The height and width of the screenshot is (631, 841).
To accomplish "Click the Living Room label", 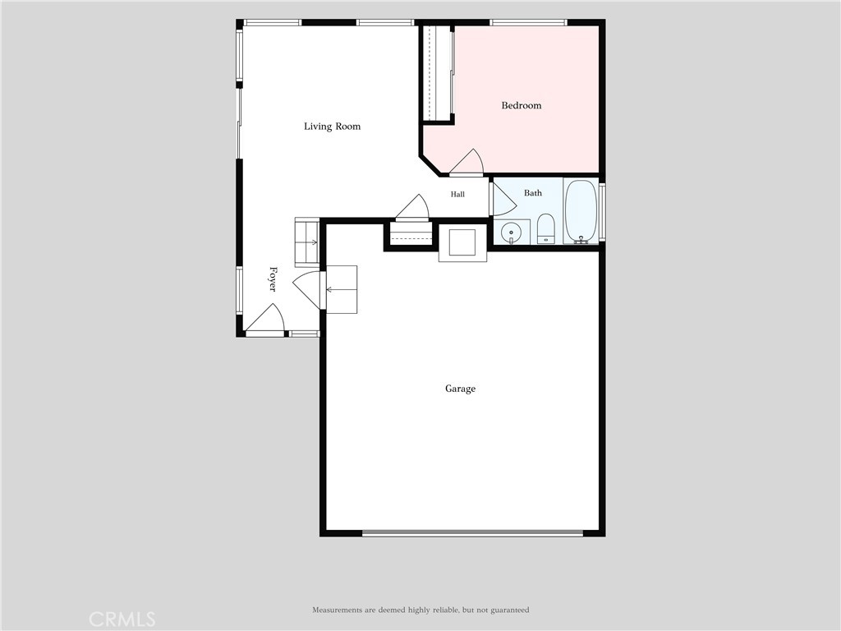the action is click(x=332, y=127).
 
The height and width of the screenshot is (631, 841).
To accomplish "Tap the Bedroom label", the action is click(x=522, y=105).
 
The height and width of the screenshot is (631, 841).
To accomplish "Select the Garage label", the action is click(x=460, y=389).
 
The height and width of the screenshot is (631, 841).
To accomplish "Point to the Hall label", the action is click(x=457, y=194).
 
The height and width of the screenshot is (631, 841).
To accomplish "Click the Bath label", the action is click(x=532, y=192).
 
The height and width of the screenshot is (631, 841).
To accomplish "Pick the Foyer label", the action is click(x=273, y=279).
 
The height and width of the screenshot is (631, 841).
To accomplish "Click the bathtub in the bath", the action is click(x=581, y=212).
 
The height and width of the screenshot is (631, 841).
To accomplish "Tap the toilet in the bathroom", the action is click(x=546, y=228).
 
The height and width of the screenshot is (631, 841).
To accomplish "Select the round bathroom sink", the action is click(x=511, y=233).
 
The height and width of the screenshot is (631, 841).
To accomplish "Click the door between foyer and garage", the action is click(x=307, y=290).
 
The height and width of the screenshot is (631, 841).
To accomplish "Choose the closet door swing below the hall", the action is click(x=412, y=207).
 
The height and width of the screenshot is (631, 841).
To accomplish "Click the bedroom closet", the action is click(x=438, y=73).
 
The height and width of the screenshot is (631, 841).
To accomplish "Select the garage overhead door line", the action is click(x=472, y=533).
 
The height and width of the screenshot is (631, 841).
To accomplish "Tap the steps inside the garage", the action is click(x=341, y=290).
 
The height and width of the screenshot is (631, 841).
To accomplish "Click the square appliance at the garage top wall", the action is click(x=462, y=242).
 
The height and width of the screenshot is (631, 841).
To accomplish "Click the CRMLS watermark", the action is click(x=122, y=619).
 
